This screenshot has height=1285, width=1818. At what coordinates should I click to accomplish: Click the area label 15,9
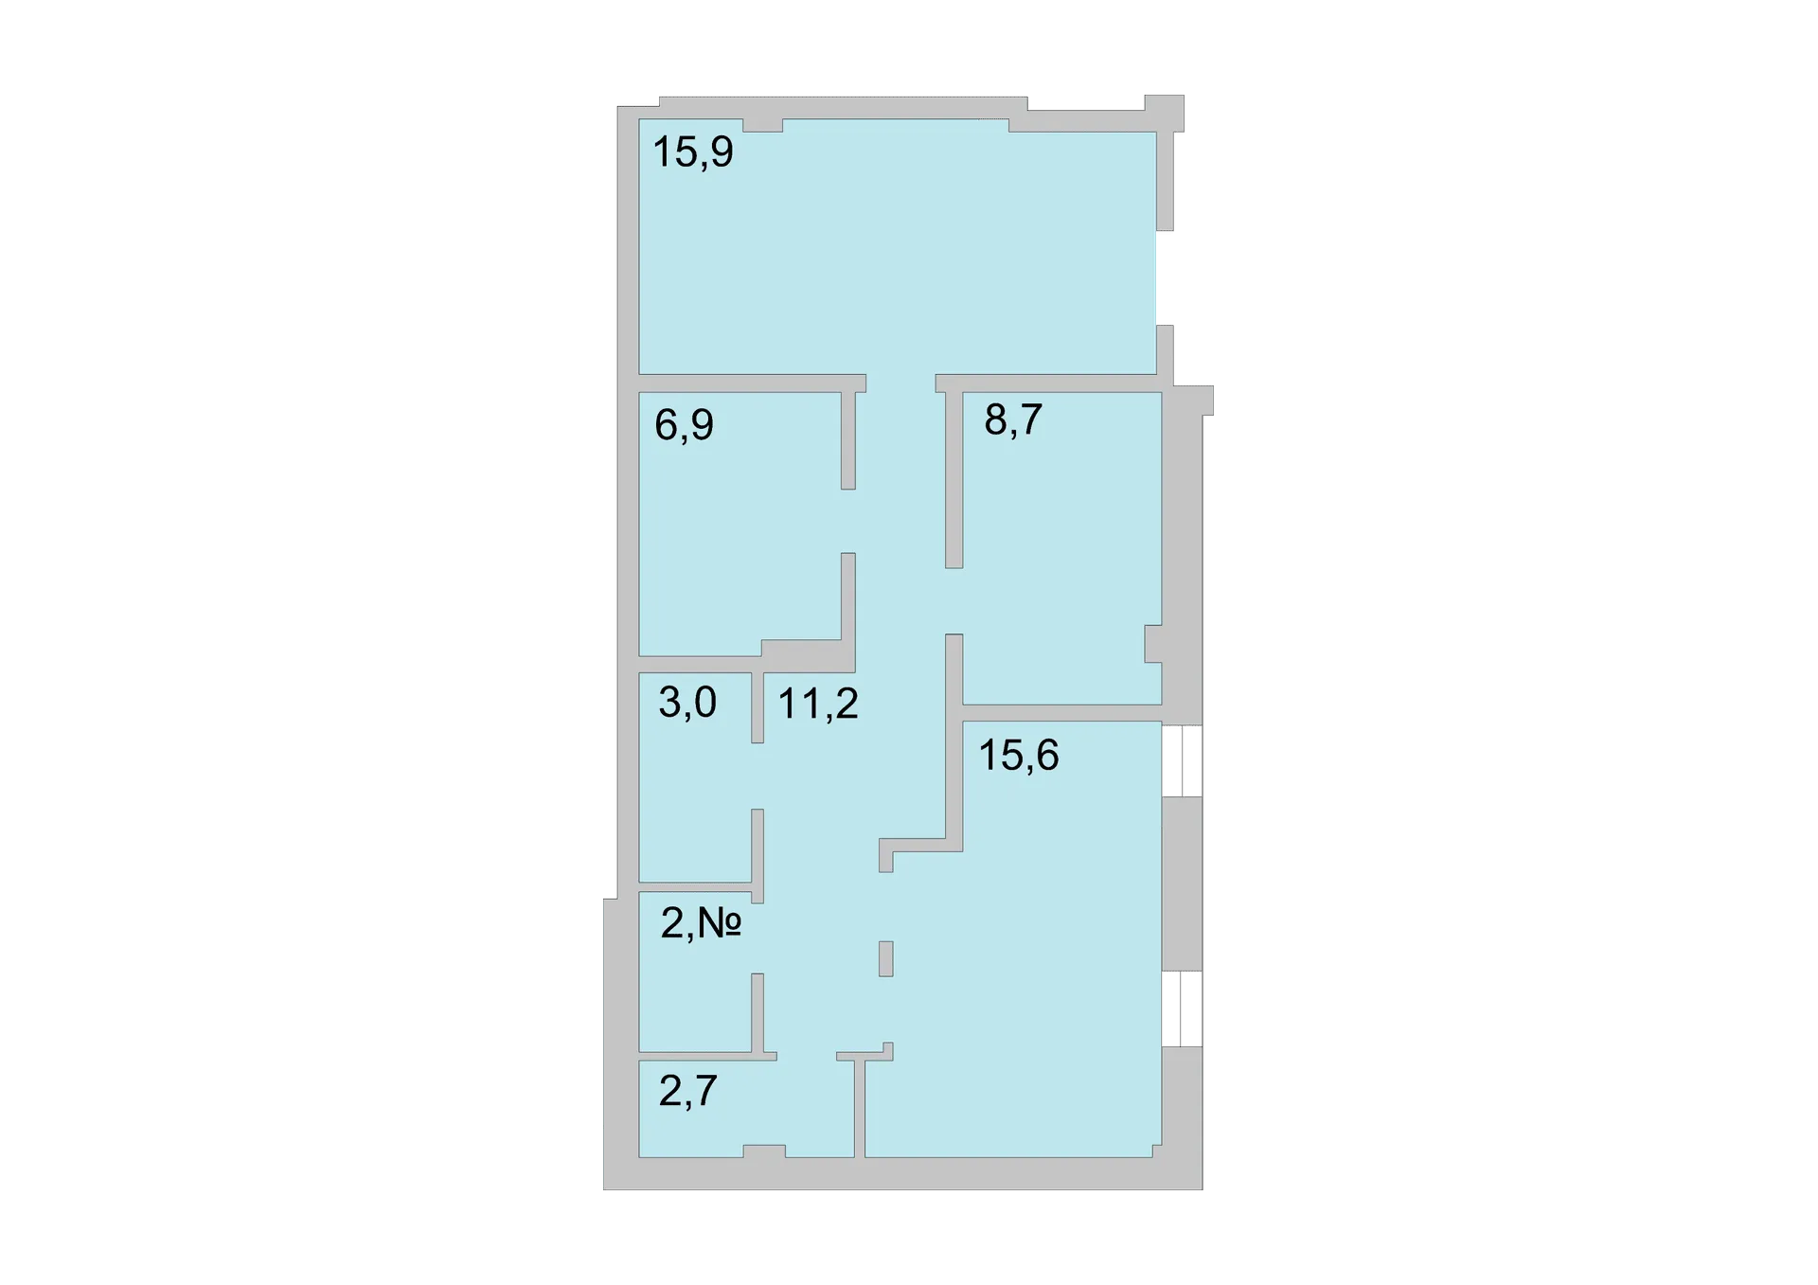tap(693, 152)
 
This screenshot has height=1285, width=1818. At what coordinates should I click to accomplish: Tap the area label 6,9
tap(684, 424)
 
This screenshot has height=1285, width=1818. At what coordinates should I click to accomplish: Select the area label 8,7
tap(1013, 419)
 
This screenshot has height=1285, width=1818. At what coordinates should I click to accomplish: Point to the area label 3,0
tap(687, 703)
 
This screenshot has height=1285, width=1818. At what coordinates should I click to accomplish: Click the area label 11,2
tap(818, 705)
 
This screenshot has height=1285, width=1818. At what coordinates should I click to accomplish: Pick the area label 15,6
tap(1018, 756)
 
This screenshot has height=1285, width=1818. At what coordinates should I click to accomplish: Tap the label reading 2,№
tap(701, 923)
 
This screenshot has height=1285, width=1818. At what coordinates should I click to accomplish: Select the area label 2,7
tap(687, 1092)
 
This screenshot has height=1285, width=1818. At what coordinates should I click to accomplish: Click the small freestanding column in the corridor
tap(886, 958)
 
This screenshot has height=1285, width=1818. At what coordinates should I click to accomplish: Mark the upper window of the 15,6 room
tap(1182, 761)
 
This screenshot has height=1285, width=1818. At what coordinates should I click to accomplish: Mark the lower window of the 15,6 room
tap(1182, 1008)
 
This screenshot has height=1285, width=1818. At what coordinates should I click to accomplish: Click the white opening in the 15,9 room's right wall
tap(1165, 278)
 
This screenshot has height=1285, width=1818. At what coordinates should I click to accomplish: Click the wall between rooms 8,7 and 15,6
tap(1062, 713)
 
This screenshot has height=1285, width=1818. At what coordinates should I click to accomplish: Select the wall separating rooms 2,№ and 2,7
tap(707, 1056)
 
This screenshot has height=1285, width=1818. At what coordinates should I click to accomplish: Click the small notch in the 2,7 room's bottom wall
tap(764, 1151)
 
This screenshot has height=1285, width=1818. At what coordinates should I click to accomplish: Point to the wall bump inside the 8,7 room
tap(1153, 644)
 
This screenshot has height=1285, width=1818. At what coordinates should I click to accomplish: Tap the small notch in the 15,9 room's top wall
tap(763, 125)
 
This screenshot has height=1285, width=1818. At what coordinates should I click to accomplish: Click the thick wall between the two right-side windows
tap(1182, 884)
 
